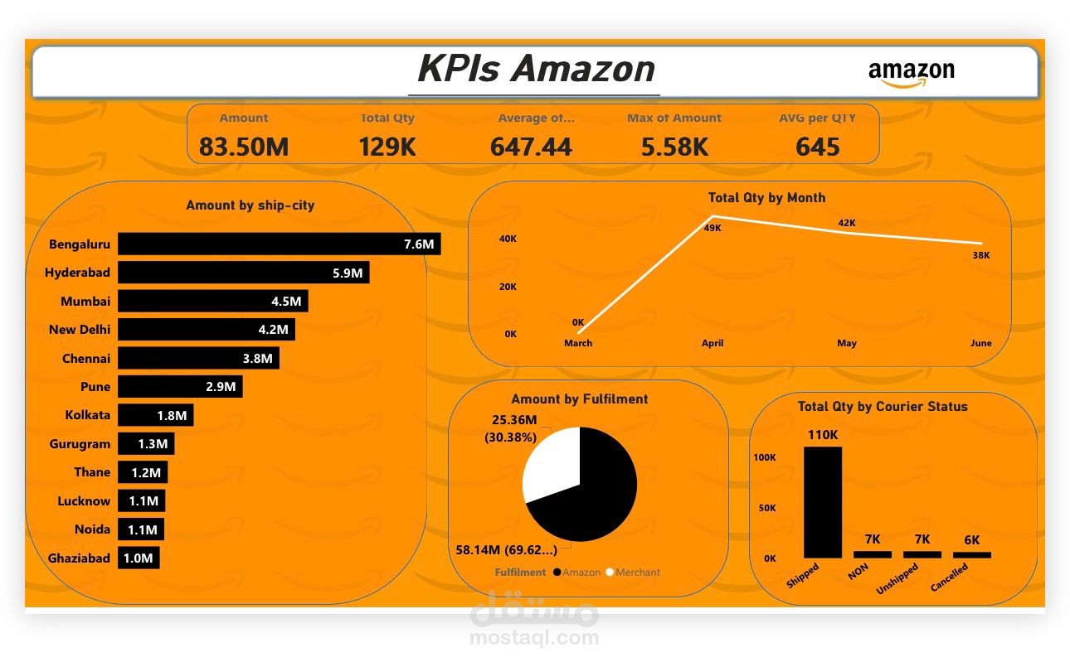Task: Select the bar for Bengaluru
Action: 280,244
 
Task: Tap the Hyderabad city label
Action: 77,273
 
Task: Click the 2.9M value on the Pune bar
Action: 221,387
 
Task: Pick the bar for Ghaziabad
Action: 139,558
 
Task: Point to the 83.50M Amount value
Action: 244,147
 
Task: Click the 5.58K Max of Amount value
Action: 674,147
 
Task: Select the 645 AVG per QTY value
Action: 817,147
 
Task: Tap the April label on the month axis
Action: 713,343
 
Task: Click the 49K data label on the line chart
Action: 713,228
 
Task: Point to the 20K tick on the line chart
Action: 508,287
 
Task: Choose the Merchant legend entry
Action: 633,573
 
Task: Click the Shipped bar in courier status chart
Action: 823,502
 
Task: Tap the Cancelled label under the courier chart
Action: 949,577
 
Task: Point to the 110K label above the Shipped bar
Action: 823,435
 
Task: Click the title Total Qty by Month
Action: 766,197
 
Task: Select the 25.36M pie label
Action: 514,420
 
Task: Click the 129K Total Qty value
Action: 387,147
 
